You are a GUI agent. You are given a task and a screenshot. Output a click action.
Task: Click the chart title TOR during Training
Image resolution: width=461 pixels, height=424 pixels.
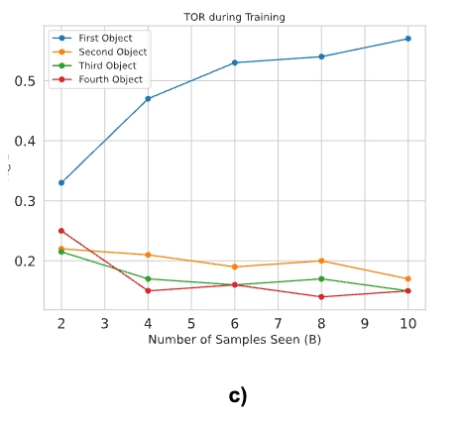pyautogui.click(x=234, y=17)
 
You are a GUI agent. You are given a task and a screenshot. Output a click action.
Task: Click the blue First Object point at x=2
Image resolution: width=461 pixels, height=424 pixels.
pyautogui.click(x=61, y=182)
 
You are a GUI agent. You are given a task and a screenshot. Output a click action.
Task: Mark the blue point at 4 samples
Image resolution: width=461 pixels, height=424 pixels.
pyautogui.click(x=148, y=99)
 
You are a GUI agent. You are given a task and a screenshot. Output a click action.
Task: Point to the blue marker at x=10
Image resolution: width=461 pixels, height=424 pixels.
pyautogui.click(x=408, y=39)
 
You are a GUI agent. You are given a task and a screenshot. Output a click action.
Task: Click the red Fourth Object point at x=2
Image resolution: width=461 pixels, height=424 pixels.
pyautogui.click(x=61, y=231)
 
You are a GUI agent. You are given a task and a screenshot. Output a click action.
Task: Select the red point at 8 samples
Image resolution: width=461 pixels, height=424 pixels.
pyautogui.click(x=321, y=297)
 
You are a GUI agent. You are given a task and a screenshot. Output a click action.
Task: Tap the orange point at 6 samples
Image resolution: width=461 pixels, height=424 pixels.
pyautogui.click(x=235, y=266)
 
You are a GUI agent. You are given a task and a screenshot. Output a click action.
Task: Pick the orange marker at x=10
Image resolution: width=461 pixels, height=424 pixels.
pyautogui.click(x=408, y=278)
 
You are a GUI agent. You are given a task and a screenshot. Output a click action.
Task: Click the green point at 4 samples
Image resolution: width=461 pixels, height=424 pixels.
pyautogui.click(x=148, y=278)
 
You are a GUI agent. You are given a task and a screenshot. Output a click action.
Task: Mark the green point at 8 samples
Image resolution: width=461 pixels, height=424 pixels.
pyautogui.click(x=321, y=278)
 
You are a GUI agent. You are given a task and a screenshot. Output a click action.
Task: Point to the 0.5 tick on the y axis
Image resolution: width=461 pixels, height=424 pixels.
pyautogui.click(x=25, y=81)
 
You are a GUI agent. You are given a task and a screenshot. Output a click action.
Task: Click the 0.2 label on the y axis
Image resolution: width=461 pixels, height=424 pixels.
pyautogui.click(x=25, y=261)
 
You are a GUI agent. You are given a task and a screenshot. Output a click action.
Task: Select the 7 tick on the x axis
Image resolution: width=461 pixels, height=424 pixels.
pyautogui.click(x=278, y=324)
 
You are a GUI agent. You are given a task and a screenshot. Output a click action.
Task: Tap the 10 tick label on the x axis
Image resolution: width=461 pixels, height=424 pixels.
pyautogui.click(x=408, y=324)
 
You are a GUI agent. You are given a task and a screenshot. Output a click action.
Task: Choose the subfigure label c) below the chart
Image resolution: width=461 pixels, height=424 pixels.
pyautogui.click(x=238, y=396)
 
